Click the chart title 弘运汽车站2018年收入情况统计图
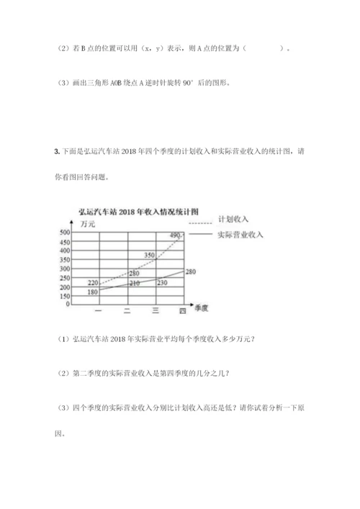(138, 212)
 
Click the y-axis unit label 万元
(89, 225)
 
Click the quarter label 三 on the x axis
(156, 310)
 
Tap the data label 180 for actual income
(93, 292)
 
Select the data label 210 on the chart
(134, 284)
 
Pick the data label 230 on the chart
(161, 283)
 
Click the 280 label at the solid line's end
(191, 271)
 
